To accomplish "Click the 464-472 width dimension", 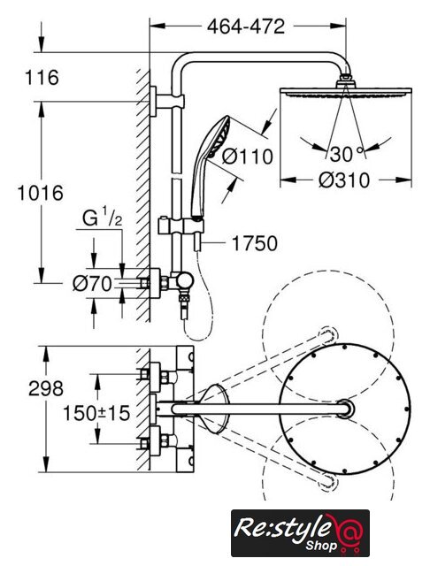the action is pyautogui.click(x=246, y=26).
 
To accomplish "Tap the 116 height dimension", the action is pyautogui.click(x=42, y=77).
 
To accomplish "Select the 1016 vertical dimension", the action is pyautogui.click(x=41, y=193).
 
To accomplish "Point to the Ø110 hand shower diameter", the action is pyautogui.click(x=248, y=157).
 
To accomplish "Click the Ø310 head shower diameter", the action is pyautogui.click(x=344, y=180).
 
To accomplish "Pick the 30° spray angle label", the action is pyautogui.click(x=346, y=154).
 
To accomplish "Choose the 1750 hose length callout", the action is pyautogui.click(x=254, y=243).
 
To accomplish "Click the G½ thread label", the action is pyautogui.click(x=102, y=218).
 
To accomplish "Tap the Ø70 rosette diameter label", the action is pyautogui.click(x=92, y=284).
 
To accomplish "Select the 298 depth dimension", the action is pyautogui.click(x=46, y=388).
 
